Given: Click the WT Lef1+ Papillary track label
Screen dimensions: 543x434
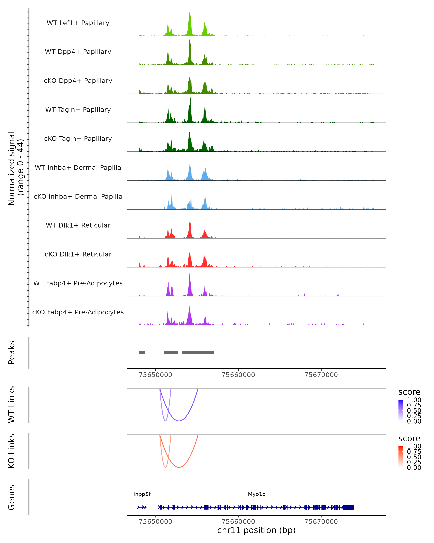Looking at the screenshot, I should tap(78, 23).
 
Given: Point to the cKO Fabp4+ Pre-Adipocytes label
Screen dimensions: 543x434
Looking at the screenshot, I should tap(78, 312).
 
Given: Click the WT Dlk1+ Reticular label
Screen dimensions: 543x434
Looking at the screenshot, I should tap(78, 225).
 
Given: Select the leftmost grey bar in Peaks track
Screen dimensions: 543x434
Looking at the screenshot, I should tap(142, 353).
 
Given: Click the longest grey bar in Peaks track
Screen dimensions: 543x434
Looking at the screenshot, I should tap(198, 353).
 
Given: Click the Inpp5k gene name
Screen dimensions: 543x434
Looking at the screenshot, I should tap(142, 494).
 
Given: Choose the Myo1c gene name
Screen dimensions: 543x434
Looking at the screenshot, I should tap(256, 494).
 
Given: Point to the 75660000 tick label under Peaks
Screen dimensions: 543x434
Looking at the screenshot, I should tap(238, 375).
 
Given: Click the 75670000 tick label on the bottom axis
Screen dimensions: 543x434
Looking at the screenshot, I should tap(321, 522).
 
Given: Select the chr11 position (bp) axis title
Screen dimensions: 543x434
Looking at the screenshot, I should tap(256, 530).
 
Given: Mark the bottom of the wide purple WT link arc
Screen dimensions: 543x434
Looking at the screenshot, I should tap(179, 421).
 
